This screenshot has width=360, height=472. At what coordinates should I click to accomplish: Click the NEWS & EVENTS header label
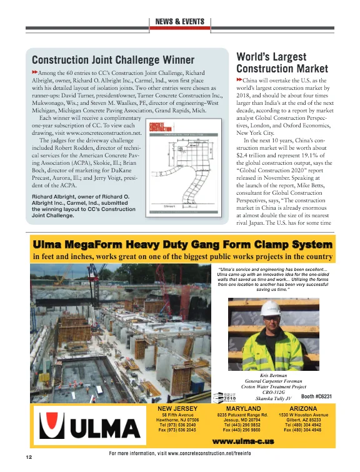pos(179,22)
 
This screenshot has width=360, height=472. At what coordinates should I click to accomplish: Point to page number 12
pos(29,457)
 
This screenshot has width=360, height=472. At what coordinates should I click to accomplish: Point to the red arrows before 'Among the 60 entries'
pos(35,73)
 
